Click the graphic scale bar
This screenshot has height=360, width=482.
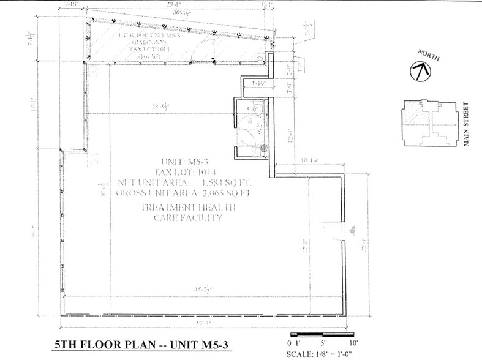point(322,335)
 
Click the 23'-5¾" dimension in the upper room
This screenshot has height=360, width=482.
point(164,107)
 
